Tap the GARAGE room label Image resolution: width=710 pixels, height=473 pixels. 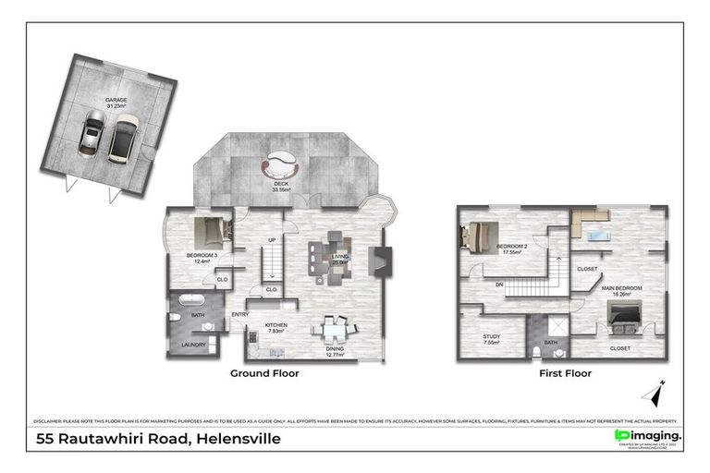point(116,100)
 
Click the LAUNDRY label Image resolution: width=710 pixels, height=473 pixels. point(193,346)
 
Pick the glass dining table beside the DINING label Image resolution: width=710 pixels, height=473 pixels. point(331,329)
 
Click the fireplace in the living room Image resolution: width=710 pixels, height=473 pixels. point(379,261)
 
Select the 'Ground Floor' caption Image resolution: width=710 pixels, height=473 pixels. point(264,374)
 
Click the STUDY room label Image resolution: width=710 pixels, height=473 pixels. point(490,337)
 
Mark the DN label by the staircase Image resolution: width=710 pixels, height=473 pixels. point(498,285)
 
